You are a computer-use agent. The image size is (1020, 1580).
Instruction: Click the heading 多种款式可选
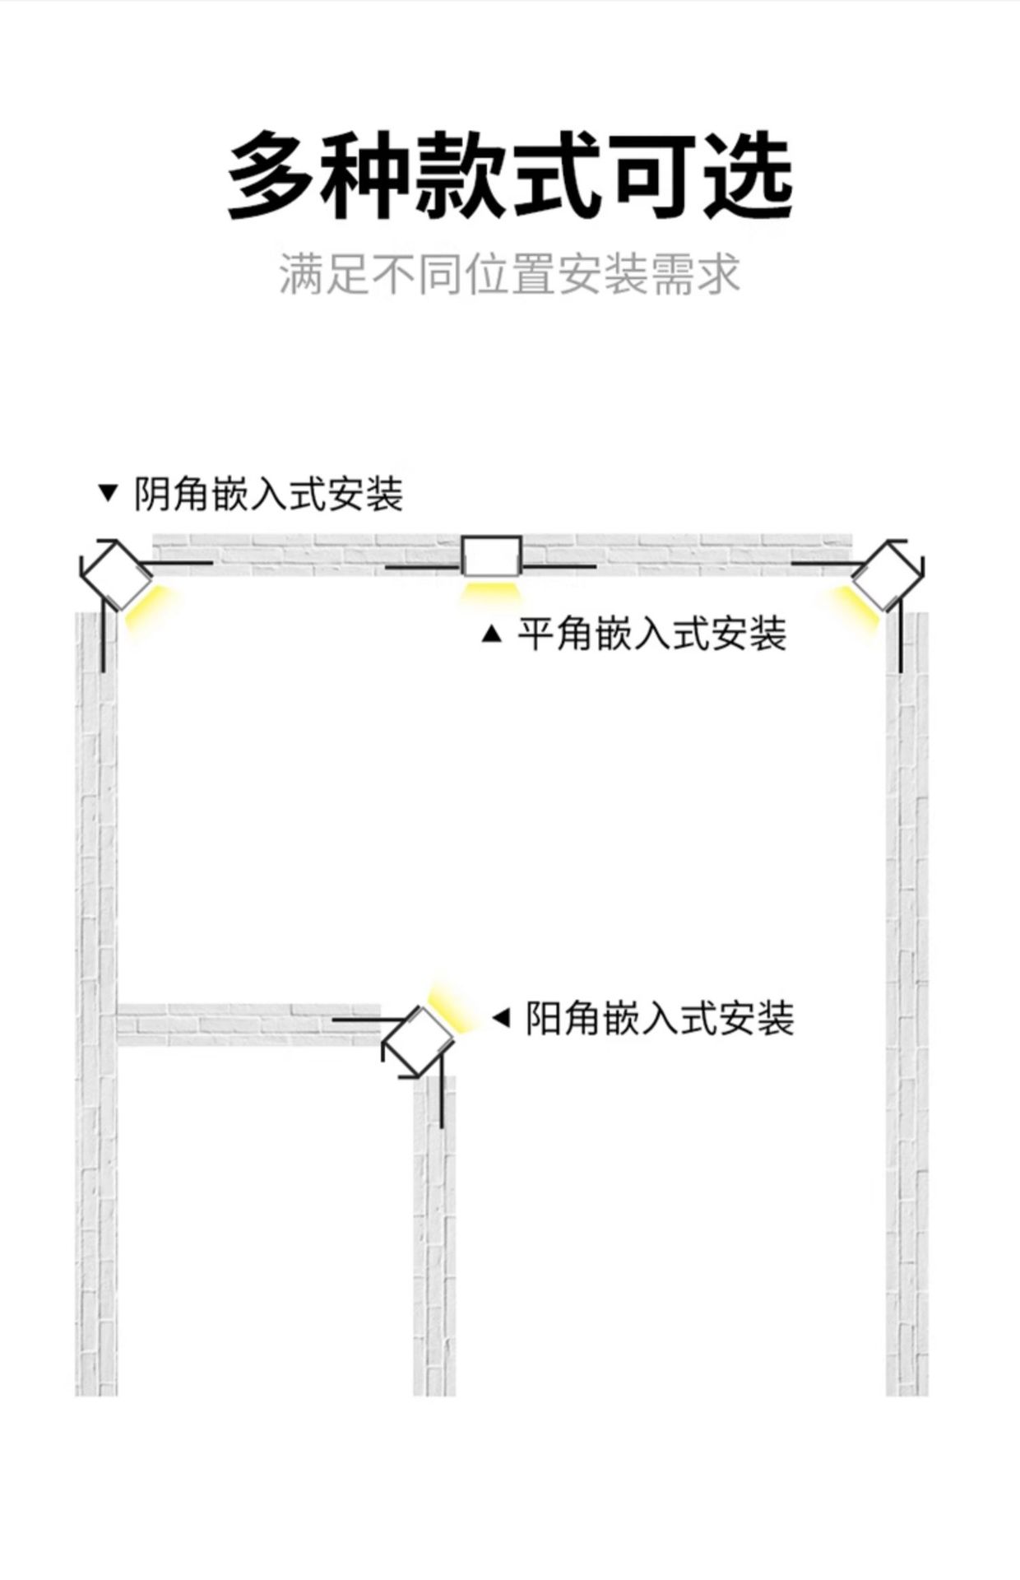pos(510,175)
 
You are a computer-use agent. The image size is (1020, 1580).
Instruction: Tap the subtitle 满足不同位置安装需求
pos(510,274)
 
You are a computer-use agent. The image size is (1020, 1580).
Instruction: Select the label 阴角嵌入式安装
pos(268,495)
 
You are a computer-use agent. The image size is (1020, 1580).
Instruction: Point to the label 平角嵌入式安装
pos(651,634)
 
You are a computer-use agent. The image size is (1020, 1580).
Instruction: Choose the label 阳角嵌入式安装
pos(660,1019)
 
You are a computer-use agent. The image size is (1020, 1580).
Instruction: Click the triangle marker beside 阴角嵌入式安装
pos(108,494)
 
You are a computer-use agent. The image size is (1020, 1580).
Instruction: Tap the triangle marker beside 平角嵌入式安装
pos(491,634)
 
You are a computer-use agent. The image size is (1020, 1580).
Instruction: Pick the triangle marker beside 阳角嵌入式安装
pos(501,1018)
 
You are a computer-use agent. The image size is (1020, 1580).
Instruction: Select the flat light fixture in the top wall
pos(491,556)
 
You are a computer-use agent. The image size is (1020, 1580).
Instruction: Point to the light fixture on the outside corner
pos(418,1042)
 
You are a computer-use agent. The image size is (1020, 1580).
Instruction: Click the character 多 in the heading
pos(270,175)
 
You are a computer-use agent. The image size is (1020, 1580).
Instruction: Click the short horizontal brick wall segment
pos(247,1025)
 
